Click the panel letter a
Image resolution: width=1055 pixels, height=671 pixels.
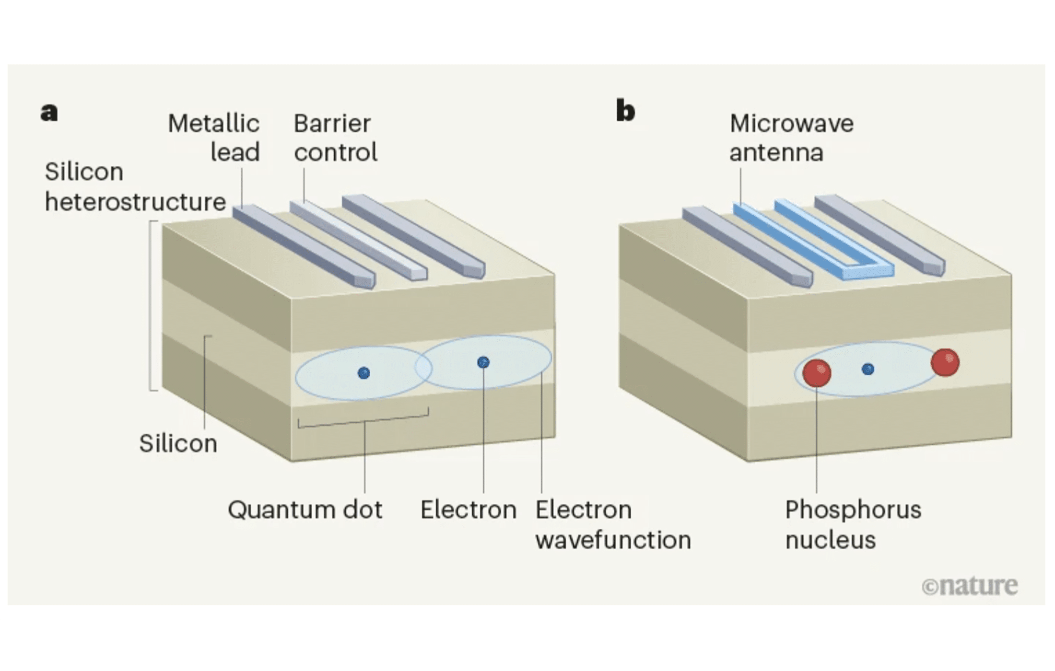(49, 113)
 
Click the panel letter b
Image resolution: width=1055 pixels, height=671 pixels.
(625, 112)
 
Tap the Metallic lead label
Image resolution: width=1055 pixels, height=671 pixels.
(214, 138)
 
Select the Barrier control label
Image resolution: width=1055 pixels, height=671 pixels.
(335, 138)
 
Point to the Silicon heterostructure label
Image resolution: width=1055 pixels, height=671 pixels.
(135, 187)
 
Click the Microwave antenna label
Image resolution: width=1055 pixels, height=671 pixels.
(791, 138)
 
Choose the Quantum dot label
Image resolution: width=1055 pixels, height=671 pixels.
(305, 509)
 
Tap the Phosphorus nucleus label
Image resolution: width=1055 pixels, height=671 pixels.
(853, 524)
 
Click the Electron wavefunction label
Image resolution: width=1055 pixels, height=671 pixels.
(613, 524)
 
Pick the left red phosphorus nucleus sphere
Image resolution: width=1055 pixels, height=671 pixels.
(816, 373)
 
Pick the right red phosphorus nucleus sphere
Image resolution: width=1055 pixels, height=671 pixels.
(945, 362)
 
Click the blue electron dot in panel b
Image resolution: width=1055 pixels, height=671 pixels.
(867, 369)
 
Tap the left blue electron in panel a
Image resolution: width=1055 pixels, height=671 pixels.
(363, 373)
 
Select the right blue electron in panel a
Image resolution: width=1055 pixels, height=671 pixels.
(483, 362)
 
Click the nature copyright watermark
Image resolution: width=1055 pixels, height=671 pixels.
(969, 586)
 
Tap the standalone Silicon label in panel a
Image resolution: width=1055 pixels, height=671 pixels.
(178, 444)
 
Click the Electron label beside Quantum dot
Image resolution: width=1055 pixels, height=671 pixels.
(468, 509)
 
